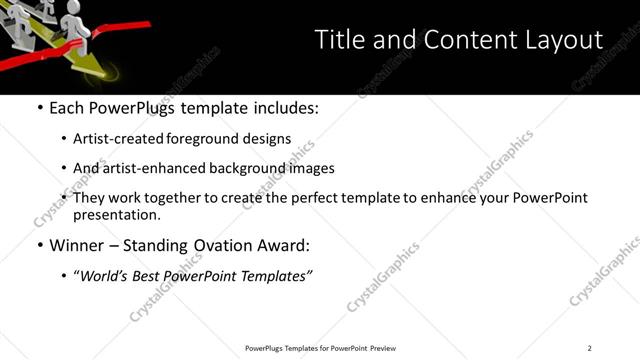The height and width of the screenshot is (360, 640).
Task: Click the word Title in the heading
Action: point(338,40)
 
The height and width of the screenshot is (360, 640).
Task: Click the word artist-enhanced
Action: point(161,169)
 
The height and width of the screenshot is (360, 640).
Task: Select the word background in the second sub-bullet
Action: point(254,169)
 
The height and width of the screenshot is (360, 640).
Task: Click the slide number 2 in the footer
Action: point(590,348)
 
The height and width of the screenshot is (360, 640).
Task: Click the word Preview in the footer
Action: point(384,348)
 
